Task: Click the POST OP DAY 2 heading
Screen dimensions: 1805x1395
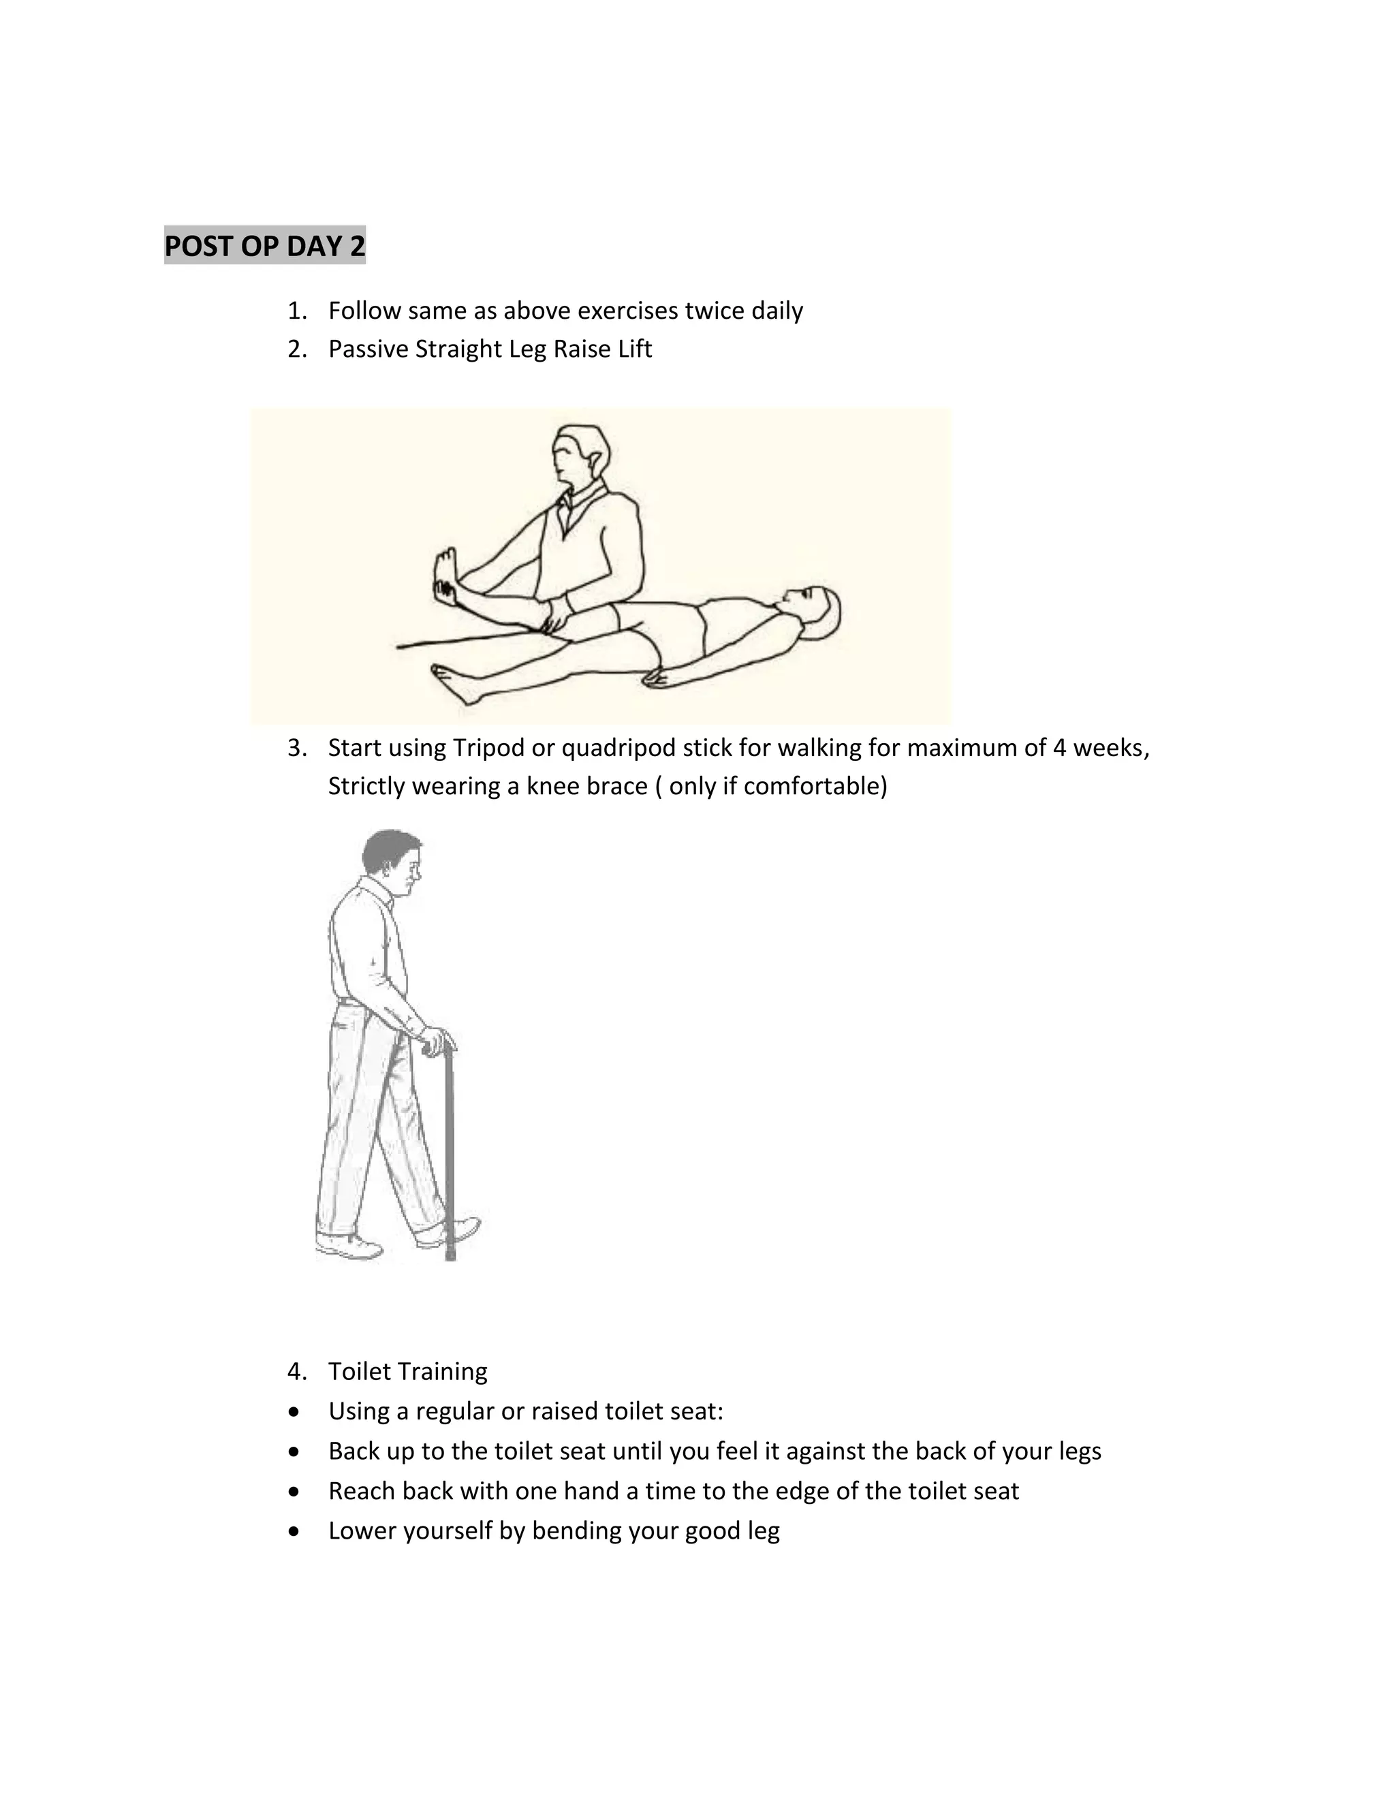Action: [x=264, y=247]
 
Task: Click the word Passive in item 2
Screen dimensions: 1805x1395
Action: [x=369, y=349]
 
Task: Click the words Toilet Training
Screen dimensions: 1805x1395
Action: [x=407, y=1371]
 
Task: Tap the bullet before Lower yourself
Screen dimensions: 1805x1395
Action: [x=294, y=1531]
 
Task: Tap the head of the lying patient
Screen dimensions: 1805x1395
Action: [x=814, y=612]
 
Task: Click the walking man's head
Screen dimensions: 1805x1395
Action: [x=395, y=864]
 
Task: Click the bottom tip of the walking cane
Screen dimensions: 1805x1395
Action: [x=450, y=1257]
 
